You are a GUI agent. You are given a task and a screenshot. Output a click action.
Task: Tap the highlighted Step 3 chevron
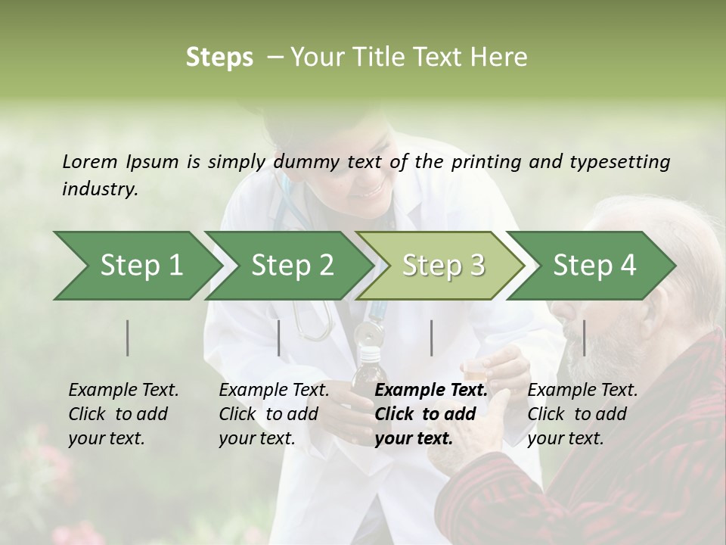coord(442,266)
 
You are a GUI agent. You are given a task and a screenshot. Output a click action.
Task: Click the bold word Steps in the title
coord(219,58)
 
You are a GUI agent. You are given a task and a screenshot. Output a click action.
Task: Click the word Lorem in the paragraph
coord(90,161)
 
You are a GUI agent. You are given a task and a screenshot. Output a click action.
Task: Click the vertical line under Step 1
coord(128,338)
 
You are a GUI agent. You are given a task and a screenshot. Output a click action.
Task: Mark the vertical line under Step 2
coord(279,338)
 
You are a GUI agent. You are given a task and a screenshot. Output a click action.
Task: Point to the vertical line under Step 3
coord(431,338)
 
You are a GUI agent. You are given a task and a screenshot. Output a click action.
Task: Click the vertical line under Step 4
coord(584,338)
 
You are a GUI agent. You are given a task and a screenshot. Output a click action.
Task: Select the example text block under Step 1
coord(123,414)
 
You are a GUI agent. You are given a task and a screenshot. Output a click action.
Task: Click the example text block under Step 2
coord(274,414)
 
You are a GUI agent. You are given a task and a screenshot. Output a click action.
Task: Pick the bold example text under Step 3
coord(431,414)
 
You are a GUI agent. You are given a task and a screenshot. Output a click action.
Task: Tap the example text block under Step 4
coord(582,414)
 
